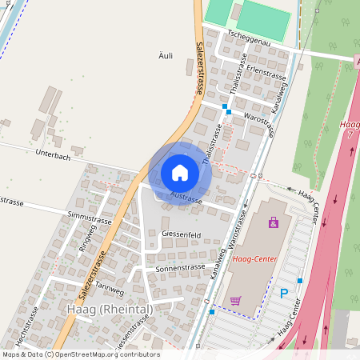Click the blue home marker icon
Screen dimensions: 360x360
[x=180, y=173]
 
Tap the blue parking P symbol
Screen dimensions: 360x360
[x=283, y=294]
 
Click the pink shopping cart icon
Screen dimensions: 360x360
[x=235, y=301]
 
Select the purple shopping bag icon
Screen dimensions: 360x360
[x=274, y=223]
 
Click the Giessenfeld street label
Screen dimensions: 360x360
[x=181, y=234]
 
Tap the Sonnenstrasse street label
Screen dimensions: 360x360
[x=181, y=268]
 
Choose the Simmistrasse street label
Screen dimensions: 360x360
[x=90, y=216]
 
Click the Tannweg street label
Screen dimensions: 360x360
[x=109, y=285]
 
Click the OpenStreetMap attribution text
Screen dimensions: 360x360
[x=80, y=354]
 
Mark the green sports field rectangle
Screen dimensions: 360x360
[x=264, y=18]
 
